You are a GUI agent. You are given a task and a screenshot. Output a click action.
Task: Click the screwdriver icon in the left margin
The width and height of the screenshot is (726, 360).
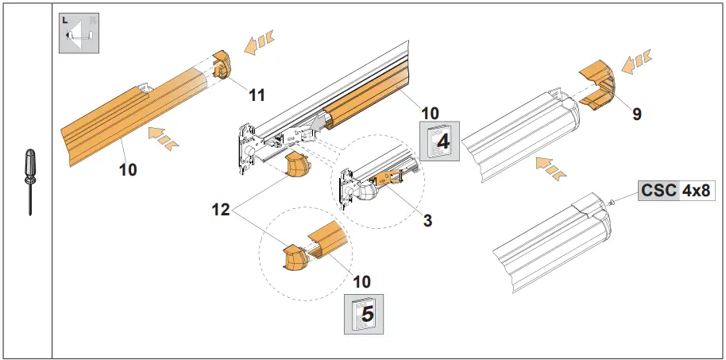tap(29, 180)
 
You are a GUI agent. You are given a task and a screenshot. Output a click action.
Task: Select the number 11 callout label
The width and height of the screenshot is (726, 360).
tap(256, 95)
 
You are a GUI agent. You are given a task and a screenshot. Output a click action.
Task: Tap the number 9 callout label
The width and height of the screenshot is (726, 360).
tap(637, 114)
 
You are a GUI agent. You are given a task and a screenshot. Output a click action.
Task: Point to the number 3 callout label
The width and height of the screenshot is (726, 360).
tap(427, 220)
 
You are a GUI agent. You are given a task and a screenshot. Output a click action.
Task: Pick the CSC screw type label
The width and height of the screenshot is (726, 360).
tap(659, 191)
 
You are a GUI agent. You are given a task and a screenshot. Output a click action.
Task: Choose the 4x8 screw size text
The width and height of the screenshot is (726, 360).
tap(697, 191)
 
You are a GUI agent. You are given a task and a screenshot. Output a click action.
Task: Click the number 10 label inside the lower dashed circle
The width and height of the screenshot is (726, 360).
tap(361, 281)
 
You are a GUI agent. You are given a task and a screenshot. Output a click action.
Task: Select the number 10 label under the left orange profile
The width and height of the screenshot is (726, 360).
tap(128, 169)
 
